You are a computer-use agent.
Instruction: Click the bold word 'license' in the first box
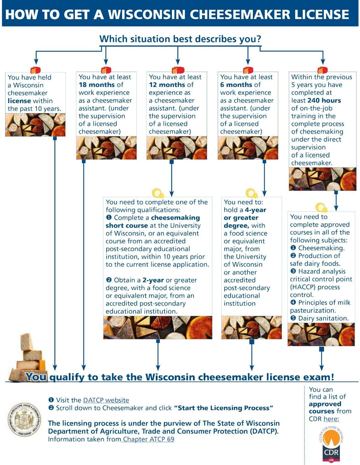pyautogui.click(x=19, y=101)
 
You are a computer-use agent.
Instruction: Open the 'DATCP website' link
pyautogui.click(x=106, y=400)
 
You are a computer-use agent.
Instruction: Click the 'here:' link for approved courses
pyautogui.click(x=331, y=418)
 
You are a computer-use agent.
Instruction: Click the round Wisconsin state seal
pyautogui.click(x=24, y=419)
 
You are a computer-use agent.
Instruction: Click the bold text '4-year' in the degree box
pyautogui.click(x=255, y=210)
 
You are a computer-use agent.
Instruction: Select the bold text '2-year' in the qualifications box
pyautogui.click(x=153, y=280)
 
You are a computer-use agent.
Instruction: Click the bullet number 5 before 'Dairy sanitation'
pyautogui.click(x=293, y=318)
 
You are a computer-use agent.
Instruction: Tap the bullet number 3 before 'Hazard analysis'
pyautogui.click(x=293, y=271)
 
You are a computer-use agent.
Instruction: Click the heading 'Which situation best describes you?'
pyautogui.click(x=180, y=39)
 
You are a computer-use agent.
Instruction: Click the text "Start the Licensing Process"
pyautogui.click(x=223, y=408)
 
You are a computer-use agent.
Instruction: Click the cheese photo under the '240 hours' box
pyautogui.click(x=322, y=179)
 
